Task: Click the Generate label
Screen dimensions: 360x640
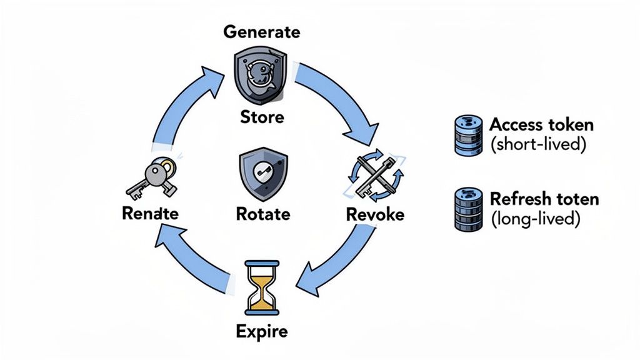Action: coord(262,32)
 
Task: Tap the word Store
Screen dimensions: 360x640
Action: coord(262,117)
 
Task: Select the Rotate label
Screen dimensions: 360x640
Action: coord(263,214)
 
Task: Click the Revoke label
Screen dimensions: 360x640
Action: coord(375,214)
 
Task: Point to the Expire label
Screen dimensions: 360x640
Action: coord(262,331)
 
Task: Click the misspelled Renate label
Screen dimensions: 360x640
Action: coord(150,214)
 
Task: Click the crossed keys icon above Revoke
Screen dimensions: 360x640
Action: coord(374,174)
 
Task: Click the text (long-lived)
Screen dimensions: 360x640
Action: coord(535,219)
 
